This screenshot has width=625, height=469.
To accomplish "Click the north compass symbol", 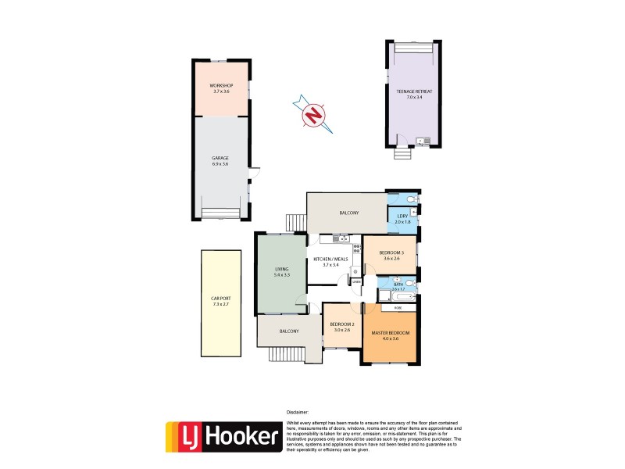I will coord(313,115).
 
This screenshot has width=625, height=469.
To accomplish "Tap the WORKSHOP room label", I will coord(221,85).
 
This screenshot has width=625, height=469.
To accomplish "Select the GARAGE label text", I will coord(220,158).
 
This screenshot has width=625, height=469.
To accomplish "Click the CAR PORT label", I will coord(221,298).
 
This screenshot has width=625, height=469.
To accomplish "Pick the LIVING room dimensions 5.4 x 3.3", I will coord(281,275).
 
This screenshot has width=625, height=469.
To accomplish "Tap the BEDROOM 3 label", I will coord(391,252).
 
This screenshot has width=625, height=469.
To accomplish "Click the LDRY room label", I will coord(402,216).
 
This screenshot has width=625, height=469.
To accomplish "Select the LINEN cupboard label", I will coord(356,282).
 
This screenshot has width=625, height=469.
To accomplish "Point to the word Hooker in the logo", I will coord(244,436).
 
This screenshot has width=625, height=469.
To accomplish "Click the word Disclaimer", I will coord(298,411).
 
